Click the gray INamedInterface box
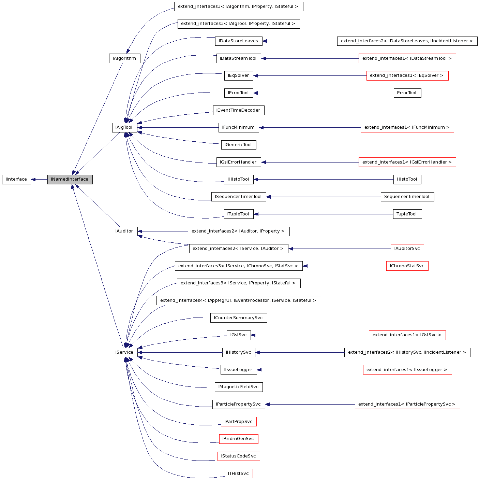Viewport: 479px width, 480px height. [x=70, y=180]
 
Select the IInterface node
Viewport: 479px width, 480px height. [x=16, y=180]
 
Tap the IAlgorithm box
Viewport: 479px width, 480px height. [x=124, y=58]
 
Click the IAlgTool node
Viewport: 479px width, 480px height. [x=124, y=128]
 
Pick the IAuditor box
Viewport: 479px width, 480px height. [x=124, y=231]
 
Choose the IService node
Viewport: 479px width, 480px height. [x=124, y=353]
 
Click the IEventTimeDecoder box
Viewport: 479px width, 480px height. [x=238, y=110]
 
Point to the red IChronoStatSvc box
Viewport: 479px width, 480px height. [x=407, y=266]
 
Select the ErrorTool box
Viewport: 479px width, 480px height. [x=407, y=93]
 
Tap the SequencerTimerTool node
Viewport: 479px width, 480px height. [x=407, y=197]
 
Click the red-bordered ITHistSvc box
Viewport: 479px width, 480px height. [x=238, y=474]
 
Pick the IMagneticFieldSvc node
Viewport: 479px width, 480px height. [x=238, y=387]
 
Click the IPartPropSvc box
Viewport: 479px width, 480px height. [x=238, y=422]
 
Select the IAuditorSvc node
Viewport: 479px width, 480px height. [x=407, y=249]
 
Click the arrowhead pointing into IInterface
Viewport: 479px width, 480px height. [x=33, y=180]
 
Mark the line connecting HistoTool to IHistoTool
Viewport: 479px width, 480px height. [x=324, y=180]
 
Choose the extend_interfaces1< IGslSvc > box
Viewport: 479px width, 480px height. [x=407, y=335]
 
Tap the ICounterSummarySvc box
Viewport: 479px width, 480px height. [x=238, y=318]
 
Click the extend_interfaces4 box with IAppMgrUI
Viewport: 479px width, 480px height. [x=238, y=301]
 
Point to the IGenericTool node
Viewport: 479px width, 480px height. [x=238, y=145]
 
